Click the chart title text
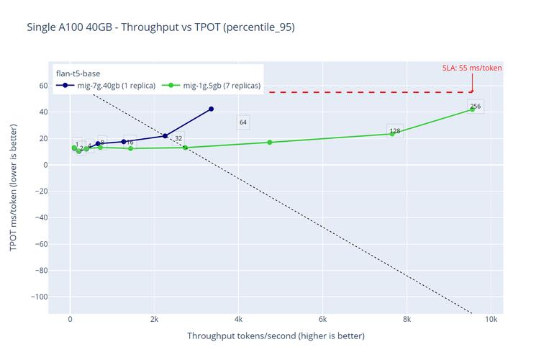(x=160, y=27)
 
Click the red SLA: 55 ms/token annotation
(x=471, y=68)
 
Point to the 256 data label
(x=475, y=107)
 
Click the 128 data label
(x=394, y=131)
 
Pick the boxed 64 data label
(x=243, y=122)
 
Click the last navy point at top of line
(x=211, y=109)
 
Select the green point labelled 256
(x=472, y=109)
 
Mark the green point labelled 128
(x=392, y=134)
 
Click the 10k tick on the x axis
(x=491, y=320)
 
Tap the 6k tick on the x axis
(x=322, y=320)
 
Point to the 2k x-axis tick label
(x=154, y=320)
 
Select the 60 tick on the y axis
(x=43, y=86)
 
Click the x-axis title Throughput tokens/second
(x=276, y=336)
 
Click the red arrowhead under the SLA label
(x=472, y=91)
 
